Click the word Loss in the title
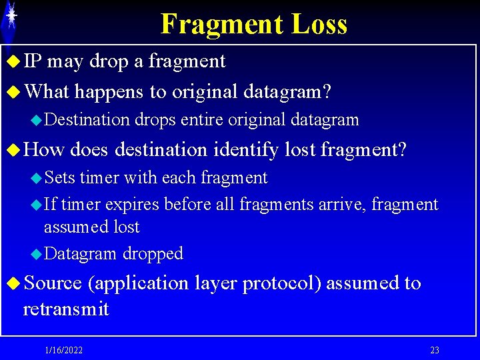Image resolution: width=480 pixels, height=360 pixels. [319, 25]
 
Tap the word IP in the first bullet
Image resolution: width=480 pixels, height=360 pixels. [32, 61]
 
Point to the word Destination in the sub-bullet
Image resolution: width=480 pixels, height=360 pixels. [87, 120]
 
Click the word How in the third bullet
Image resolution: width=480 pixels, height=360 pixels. [43, 150]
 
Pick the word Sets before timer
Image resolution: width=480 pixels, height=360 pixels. [59, 178]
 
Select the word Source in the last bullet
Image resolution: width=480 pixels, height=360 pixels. [52, 283]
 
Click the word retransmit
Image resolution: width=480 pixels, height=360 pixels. [65, 309]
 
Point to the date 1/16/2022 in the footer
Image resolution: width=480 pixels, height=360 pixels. [64, 351]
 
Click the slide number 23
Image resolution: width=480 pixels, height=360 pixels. [435, 351]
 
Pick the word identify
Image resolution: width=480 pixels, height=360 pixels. [245, 150]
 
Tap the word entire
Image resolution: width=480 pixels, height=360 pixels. [202, 120]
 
